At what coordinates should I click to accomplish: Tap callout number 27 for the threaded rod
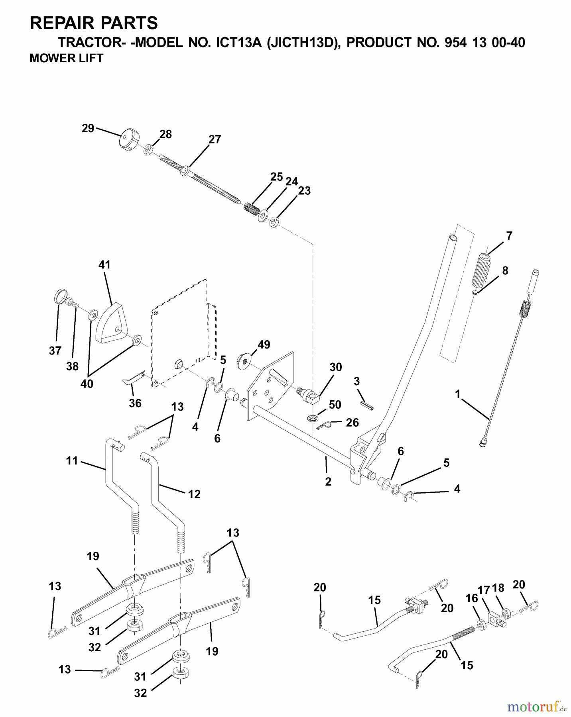pyautogui.click(x=215, y=139)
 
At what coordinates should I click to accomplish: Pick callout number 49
pyautogui.click(x=264, y=345)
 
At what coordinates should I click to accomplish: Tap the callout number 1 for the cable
pyautogui.click(x=457, y=394)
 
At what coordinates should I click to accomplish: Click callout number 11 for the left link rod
pyautogui.click(x=72, y=461)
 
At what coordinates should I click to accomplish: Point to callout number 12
pyautogui.click(x=194, y=494)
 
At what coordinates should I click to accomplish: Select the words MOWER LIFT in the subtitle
pyautogui.click(x=66, y=58)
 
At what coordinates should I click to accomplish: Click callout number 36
pyautogui.click(x=135, y=403)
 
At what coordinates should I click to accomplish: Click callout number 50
pyautogui.click(x=335, y=404)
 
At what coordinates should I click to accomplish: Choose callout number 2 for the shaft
pyautogui.click(x=328, y=482)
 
